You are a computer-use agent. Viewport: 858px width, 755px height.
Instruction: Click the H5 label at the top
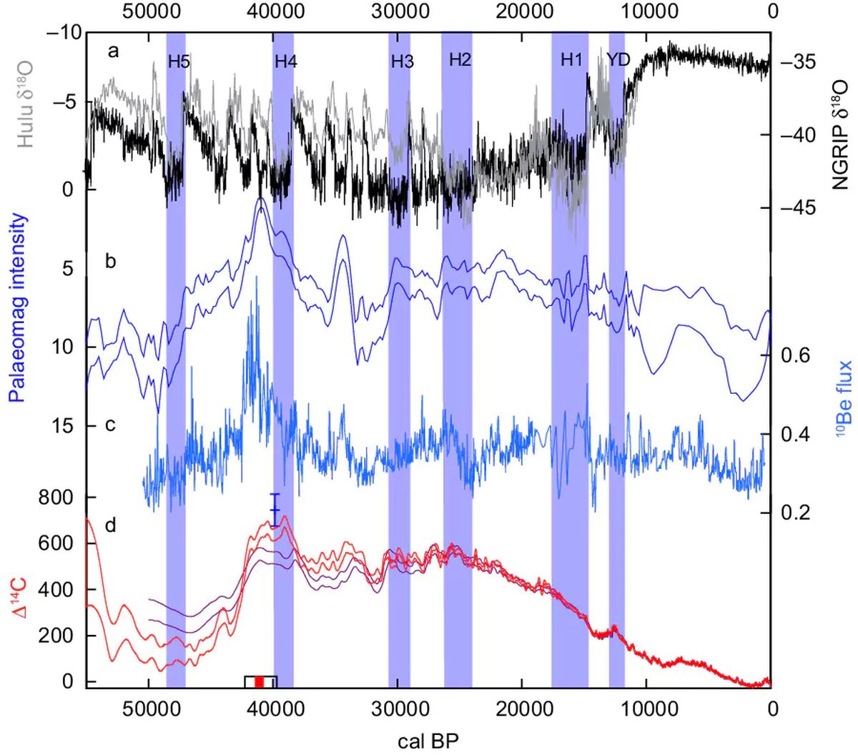point(179,61)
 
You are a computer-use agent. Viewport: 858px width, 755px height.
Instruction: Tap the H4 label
point(286,61)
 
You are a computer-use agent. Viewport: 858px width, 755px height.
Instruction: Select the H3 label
point(403,61)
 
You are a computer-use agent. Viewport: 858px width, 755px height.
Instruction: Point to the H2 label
point(460,60)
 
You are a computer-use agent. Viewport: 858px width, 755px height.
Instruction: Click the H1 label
point(571,60)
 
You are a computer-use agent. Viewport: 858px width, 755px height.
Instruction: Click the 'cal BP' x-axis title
point(429,739)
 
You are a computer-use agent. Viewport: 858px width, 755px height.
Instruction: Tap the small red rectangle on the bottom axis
point(260,682)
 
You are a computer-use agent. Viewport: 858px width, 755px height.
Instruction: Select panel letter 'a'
point(113,51)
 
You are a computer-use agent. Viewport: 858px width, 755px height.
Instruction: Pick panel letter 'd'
point(110,526)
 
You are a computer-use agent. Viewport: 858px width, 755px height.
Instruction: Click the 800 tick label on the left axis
point(61,498)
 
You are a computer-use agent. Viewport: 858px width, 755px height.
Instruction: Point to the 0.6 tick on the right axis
point(795,355)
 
